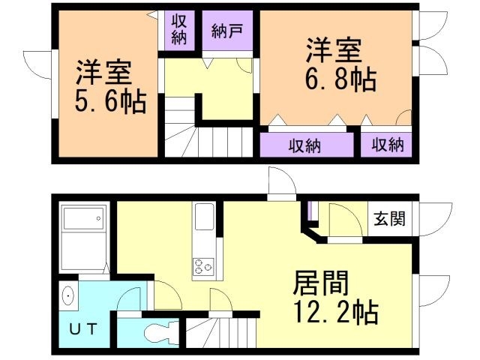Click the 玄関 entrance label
point(390,219)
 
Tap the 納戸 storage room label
point(226,31)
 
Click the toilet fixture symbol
point(160,331)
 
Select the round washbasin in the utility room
point(69,297)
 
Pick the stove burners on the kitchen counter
point(203,265)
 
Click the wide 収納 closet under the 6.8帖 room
point(305,145)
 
